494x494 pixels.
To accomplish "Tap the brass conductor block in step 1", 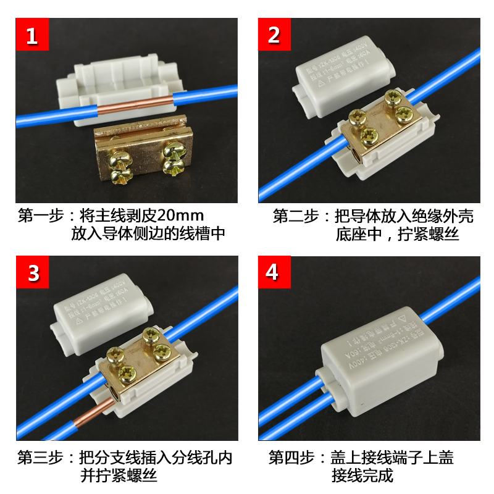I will pos(143,154).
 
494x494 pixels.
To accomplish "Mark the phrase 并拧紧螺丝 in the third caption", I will pos(119,476).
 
